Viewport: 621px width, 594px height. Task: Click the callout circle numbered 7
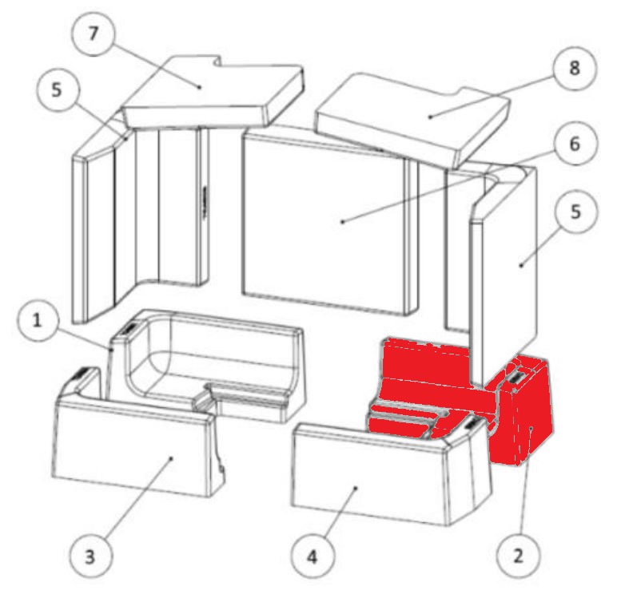(93, 34)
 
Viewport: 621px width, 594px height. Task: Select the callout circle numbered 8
(575, 68)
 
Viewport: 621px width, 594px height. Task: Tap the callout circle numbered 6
(575, 144)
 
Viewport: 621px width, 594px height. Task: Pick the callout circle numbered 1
(38, 320)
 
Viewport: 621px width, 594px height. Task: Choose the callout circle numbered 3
(90, 556)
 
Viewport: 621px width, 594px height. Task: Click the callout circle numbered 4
(312, 556)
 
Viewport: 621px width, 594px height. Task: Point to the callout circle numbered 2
(518, 556)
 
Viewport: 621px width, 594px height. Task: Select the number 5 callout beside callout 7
(57, 90)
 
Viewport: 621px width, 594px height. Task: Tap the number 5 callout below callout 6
(576, 212)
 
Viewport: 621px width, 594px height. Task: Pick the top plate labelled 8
(412, 119)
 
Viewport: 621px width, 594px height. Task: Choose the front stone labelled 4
(390, 473)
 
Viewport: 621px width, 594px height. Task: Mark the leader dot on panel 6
(343, 222)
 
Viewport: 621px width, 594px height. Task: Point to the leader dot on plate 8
(430, 117)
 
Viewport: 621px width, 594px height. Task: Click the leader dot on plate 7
(199, 86)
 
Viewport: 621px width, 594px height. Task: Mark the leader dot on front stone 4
(355, 488)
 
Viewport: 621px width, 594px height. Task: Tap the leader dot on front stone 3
(171, 458)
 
